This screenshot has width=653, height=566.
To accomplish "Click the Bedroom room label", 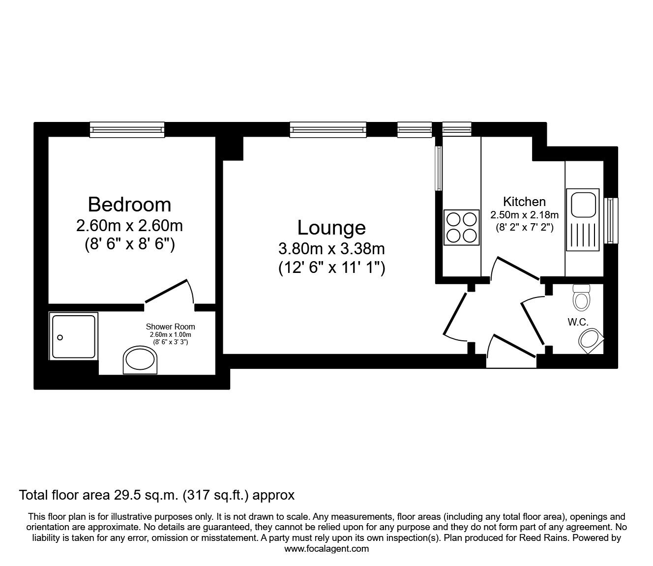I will point(129,204).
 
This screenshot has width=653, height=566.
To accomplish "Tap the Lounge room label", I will point(331,228).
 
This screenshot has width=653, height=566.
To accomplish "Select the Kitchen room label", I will point(524,202).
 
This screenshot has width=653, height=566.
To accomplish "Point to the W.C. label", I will point(578,323).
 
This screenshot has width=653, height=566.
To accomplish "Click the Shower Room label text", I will point(170,327).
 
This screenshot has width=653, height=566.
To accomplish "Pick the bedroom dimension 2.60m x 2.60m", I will point(129,226).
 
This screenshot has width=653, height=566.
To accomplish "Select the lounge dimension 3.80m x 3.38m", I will point(331,249).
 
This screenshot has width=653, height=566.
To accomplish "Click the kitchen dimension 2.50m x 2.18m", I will point(524,215).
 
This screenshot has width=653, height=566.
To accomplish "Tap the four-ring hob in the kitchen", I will point(461,227).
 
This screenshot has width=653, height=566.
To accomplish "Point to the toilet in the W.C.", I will point(581,298).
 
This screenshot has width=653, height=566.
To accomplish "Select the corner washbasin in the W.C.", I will point(591,341).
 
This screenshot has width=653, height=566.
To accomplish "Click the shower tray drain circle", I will point(60,337).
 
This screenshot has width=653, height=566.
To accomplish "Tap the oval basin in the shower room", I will point(140,360).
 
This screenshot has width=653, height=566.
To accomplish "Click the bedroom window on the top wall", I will point(127,129).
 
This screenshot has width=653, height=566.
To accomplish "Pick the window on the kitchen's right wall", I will point(611,220).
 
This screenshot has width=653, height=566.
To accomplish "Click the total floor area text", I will point(156,495).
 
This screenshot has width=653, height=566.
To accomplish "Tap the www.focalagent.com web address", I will point(326,549).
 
